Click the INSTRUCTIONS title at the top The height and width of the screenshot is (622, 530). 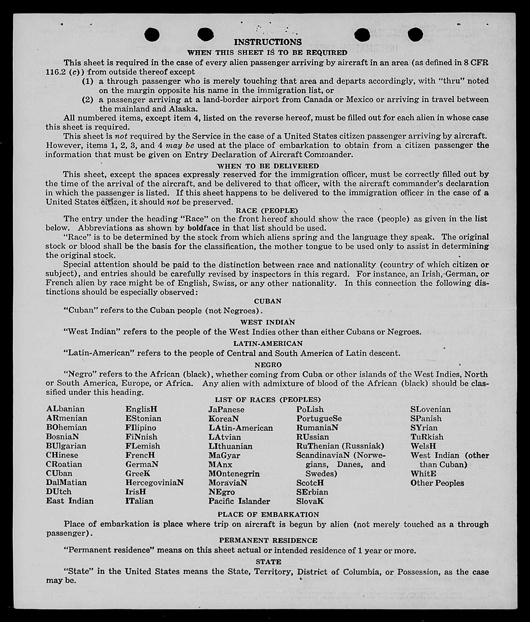click(268, 42)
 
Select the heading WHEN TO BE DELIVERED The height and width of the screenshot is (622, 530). click(268, 166)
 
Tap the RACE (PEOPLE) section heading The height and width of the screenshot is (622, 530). click(267, 211)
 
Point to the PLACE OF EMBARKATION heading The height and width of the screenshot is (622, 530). click(268, 514)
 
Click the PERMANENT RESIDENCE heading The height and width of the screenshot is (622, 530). click(268, 541)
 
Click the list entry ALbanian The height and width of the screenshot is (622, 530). click(66, 409)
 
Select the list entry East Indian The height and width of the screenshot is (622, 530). click(70, 501)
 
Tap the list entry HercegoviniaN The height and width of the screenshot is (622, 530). click(154, 483)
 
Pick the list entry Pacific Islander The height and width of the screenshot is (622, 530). click(239, 501)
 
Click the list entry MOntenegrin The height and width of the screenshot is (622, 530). click(234, 474)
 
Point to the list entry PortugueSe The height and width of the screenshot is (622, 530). click(319, 419)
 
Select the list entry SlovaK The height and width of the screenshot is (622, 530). click(310, 501)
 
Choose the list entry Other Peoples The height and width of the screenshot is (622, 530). click(437, 483)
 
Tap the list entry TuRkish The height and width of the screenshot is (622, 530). click(427, 437)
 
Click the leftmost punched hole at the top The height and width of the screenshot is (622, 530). click(152, 35)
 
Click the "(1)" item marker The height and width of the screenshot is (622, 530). click(88, 81)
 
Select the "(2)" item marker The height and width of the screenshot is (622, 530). click(88, 100)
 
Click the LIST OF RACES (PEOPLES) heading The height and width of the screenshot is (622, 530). click(268, 400)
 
